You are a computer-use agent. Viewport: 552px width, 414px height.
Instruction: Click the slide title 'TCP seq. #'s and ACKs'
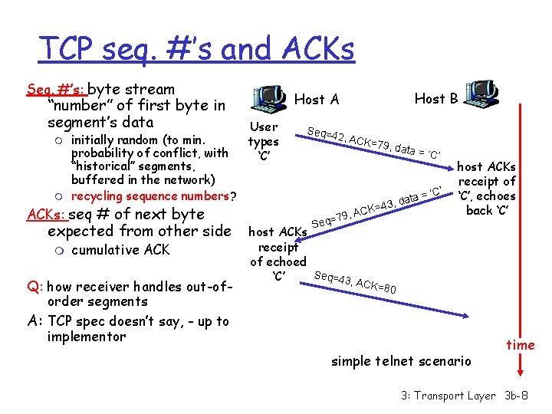pyautogui.click(x=196, y=49)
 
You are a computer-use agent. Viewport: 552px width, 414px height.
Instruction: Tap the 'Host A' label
pyautogui.click(x=317, y=99)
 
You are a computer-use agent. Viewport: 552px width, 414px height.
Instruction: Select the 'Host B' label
pyautogui.click(x=436, y=98)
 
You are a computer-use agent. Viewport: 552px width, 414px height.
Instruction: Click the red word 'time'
pyautogui.click(x=521, y=345)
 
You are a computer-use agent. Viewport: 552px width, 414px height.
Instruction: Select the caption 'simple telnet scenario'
pyautogui.click(x=402, y=361)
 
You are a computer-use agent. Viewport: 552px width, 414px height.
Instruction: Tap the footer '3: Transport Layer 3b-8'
pyautogui.click(x=465, y=396)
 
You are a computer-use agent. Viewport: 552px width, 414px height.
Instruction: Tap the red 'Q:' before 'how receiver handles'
pyautogui.click(x=34, y=287)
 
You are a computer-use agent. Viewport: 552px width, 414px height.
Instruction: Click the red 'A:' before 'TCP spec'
pyautogui.click(x=35, y=321)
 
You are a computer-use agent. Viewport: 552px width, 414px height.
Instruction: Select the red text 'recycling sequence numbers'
pyautogui.click(x=150, y=196)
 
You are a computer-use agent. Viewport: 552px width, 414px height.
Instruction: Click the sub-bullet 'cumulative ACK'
pyautogui.click(x=120, y=250)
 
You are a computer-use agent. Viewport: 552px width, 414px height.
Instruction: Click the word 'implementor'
pyautogui.click(x=86, y=337)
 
